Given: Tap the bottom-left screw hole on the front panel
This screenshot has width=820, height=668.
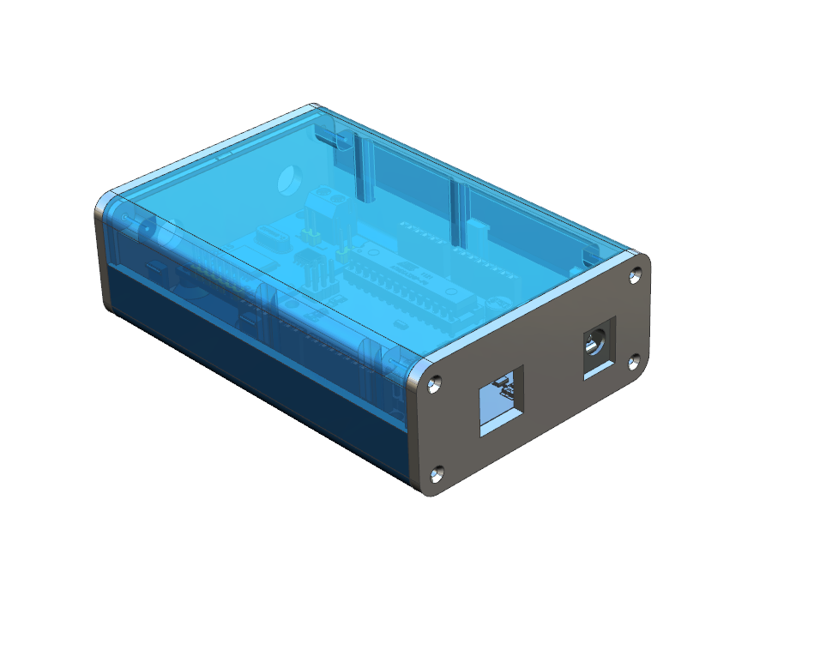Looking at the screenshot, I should [437, 472].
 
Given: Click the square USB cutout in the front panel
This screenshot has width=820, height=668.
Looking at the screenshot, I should [500, 401].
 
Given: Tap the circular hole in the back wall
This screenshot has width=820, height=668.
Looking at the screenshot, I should [289, 180].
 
